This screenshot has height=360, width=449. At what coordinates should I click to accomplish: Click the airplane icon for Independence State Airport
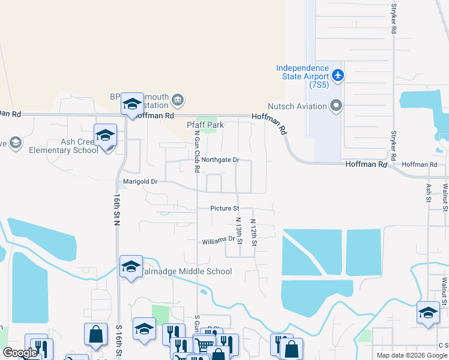(337, 76)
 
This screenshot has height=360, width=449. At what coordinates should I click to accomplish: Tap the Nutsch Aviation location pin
(336, 107)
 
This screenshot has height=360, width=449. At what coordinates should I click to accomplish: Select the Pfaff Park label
(205, 125)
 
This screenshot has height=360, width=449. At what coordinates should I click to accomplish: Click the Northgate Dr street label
(220, 160)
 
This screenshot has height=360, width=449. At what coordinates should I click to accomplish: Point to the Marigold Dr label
(140, 181)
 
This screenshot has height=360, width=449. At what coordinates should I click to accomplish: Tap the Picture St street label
(224, 209)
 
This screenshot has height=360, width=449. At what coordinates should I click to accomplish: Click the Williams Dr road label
(218, 240)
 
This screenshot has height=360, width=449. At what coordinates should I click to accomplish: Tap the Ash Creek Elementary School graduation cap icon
(105, 134)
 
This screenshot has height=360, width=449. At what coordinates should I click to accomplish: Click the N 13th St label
(238, 232)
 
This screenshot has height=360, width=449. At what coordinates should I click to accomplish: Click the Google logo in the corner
(20, 353)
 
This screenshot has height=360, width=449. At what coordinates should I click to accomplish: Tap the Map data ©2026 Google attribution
(411, 355)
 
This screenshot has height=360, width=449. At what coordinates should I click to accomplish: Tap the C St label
(443, 345)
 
